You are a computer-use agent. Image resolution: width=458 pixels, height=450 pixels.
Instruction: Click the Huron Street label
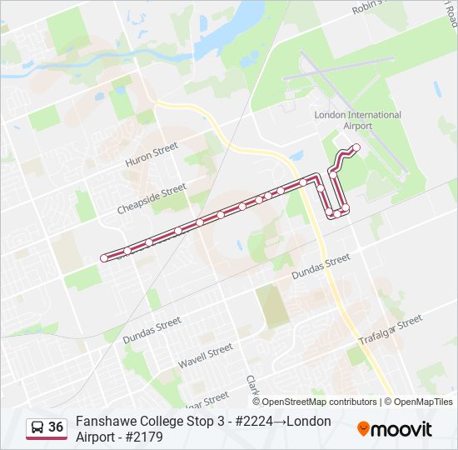[152, 155]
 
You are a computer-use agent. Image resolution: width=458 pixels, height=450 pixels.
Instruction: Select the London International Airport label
[357, 120]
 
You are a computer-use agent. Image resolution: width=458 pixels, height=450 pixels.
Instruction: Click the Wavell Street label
[205, 356]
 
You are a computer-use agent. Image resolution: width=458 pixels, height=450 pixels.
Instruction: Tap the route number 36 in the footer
[56, 427]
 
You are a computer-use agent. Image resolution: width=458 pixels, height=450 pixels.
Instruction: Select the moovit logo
[395, 429]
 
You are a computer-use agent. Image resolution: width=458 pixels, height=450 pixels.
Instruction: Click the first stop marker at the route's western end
[104, 258]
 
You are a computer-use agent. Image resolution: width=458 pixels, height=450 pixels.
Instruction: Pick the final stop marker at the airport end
[356, 147]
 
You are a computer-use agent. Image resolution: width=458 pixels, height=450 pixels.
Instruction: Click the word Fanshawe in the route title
[102, 421]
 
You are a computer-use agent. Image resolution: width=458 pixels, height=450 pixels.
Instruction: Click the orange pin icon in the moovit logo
[363, 429]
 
